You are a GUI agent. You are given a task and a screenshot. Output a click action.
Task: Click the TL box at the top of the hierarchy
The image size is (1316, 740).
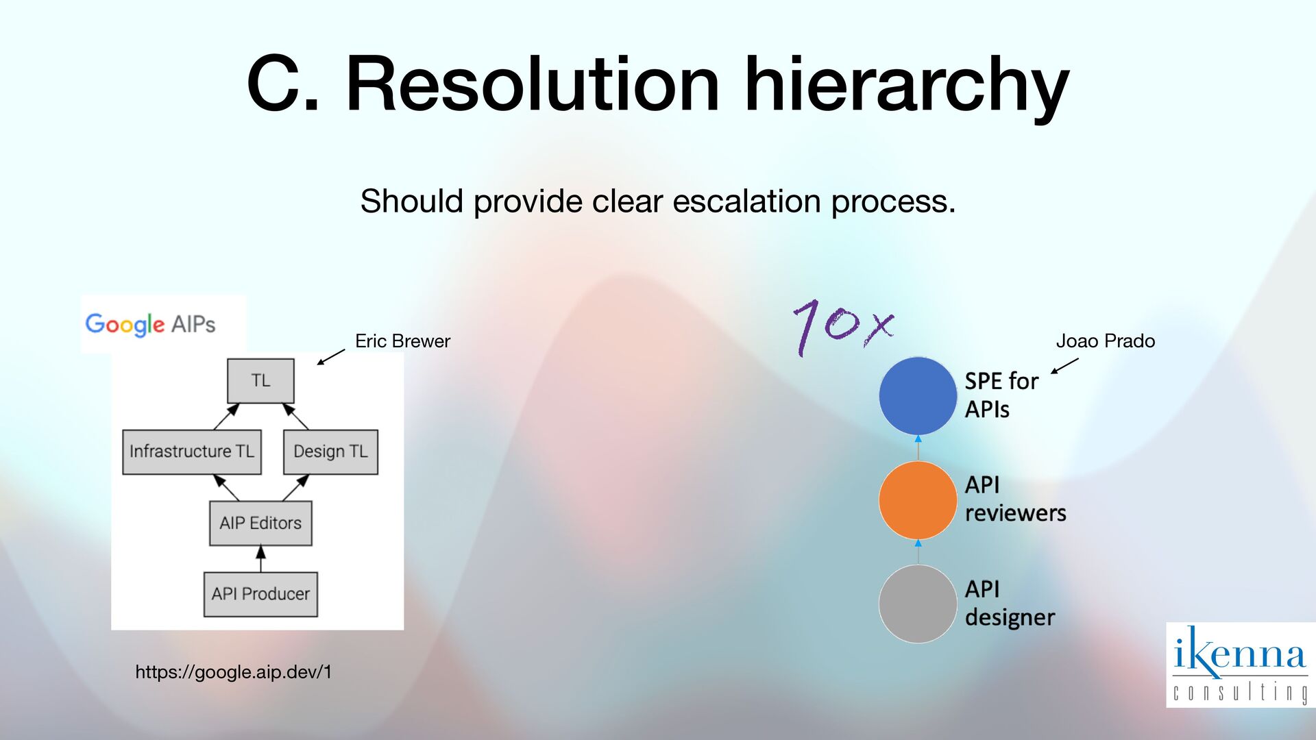point(260,381)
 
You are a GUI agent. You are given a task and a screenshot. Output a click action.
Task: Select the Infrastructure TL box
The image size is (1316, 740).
point(192,452)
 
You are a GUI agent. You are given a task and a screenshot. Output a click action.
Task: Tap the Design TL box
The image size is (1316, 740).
point(330,452)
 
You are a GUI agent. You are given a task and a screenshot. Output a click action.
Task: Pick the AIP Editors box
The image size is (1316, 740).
point(260,523)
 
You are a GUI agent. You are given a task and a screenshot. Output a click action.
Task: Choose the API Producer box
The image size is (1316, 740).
point(260,594)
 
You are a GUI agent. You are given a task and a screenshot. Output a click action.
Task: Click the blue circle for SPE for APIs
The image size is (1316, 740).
point(917,395)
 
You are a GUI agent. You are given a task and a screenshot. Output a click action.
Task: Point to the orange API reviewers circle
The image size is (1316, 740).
point(917,500)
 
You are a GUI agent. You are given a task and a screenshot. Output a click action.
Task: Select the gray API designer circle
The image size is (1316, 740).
point(917,604)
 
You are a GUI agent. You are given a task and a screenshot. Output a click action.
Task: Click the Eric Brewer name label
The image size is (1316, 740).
point(402,341)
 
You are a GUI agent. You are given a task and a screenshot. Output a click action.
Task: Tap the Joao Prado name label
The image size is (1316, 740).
point(1105,341)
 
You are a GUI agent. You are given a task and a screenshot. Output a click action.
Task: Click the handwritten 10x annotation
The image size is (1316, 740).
point(843,326)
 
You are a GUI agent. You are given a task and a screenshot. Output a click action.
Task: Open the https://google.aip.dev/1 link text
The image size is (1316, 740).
point(234,672)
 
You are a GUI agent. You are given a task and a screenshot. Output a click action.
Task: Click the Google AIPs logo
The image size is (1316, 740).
point(150,324)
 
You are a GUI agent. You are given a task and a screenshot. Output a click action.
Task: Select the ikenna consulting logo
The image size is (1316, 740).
point(1240,664)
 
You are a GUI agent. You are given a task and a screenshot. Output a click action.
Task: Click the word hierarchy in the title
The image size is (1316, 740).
point(906,86)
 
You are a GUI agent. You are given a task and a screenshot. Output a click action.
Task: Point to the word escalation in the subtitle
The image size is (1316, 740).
point(746,201)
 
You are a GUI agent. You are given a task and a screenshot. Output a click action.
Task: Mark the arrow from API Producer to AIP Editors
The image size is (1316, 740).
point(260,558)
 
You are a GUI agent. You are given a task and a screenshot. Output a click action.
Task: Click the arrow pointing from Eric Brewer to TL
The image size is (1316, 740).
point(331,357)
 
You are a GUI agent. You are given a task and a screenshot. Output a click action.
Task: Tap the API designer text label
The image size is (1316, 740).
point(1009,604)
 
